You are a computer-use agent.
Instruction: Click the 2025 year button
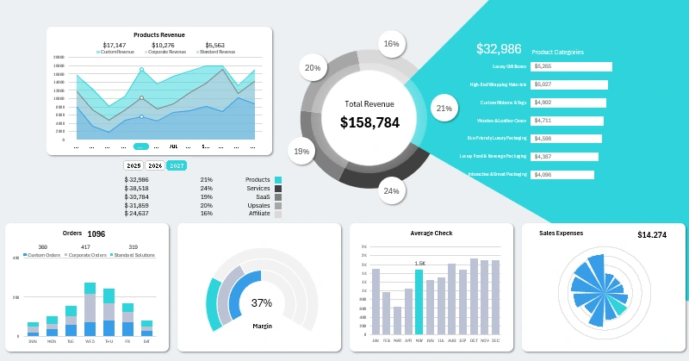point(133,165)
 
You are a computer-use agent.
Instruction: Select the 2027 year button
point(177,165)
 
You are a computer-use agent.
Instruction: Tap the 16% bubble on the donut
point(392,44)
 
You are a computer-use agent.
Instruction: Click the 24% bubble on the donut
point(391,190)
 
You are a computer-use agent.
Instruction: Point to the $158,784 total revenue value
point(369,122)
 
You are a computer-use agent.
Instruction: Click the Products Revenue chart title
point(159,34)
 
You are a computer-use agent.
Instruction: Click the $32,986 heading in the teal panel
point(499,49)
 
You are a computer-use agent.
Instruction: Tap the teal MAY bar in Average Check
point(419,302)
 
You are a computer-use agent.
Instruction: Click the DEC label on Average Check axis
point(495,341)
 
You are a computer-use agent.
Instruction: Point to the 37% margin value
point(261,303)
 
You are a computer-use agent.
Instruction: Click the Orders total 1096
point(96,233)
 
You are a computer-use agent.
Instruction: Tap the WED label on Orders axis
point(90,341)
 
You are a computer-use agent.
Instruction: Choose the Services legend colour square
point(278,188)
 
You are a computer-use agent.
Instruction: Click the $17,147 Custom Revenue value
point(114,45)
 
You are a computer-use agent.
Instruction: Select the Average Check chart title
point(431,233)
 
